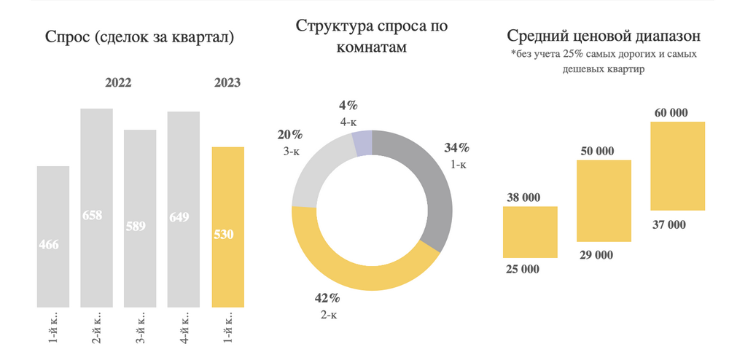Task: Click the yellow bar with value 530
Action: tap(227, 227)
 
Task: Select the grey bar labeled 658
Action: tap(96, 208)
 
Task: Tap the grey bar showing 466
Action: tap(53, 236)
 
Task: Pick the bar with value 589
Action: tap(140, 219)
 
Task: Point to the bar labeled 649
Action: tap(184, 209)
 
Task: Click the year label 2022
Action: tap(118, 83)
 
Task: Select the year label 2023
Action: tap(227, 83)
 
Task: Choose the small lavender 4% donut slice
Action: tap(362, 143)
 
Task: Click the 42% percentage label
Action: tap(329, 298)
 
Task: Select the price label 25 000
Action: tap(522, 269)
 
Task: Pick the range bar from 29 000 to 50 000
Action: tap(604, 200)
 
